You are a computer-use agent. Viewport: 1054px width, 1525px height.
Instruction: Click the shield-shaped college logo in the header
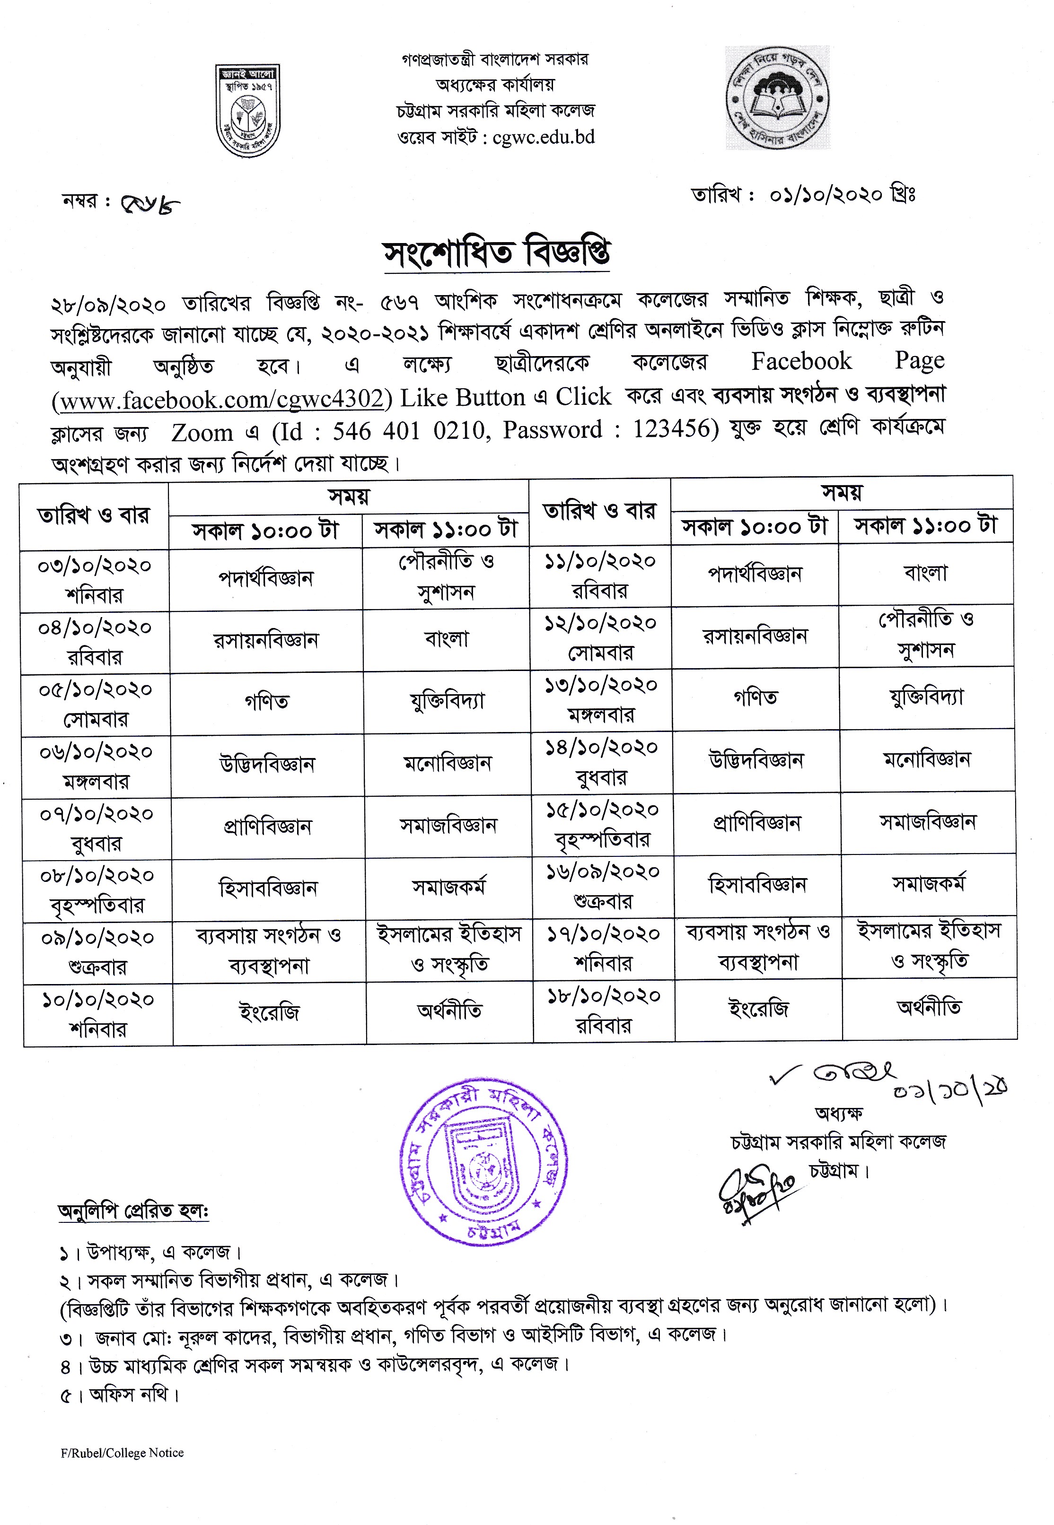(247, 110)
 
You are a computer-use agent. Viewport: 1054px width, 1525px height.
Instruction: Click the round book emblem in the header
(778, 98)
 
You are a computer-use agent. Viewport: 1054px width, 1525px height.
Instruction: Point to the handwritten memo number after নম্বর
(150, 204)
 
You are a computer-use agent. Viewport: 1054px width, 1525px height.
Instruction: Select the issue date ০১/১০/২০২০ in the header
(826, 195)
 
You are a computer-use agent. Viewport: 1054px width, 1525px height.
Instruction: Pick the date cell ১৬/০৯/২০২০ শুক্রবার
(602, 886)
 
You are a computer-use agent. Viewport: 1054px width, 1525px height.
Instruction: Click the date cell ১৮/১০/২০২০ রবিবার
(603, 1010)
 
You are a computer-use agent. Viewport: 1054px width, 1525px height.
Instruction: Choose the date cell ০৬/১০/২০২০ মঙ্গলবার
(96, 767)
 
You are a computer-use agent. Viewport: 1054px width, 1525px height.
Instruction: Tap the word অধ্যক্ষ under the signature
(839, 1114)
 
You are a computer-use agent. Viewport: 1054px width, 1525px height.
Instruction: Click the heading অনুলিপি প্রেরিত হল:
(133, 1212)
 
